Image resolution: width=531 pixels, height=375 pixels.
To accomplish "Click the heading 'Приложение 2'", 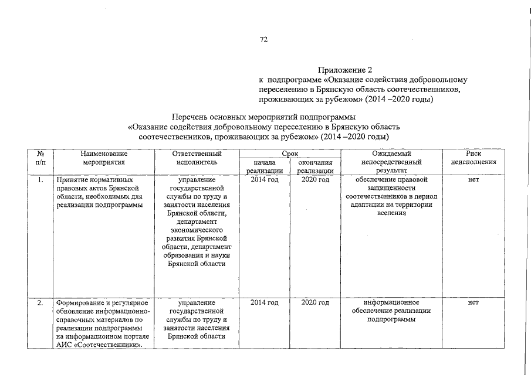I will click(344, 70).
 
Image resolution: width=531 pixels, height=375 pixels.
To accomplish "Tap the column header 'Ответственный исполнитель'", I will click(197, 157).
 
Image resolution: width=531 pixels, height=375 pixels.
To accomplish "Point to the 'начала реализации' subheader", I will click(265, 166).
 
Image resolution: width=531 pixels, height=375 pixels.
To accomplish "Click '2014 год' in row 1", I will click(265, 180).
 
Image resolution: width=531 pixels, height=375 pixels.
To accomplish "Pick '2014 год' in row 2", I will click(265, 303).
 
